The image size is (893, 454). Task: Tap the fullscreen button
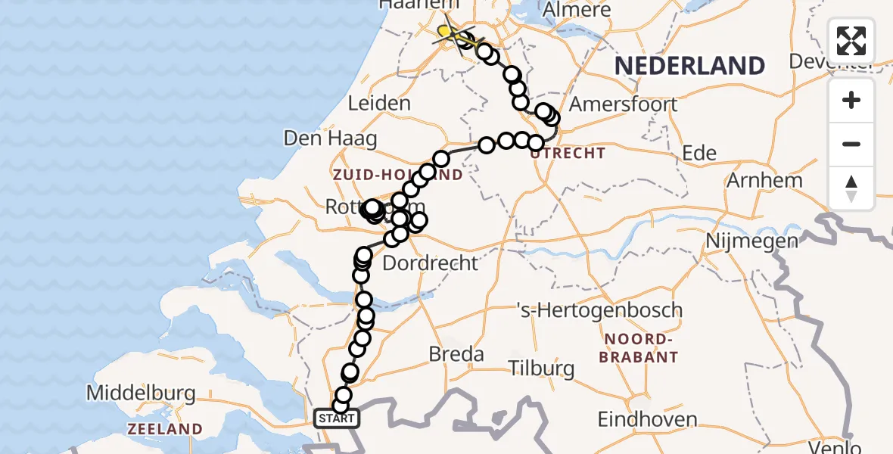pos(851,40)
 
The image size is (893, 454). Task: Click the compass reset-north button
pos(851,188)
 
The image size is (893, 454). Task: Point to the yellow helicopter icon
pos(452,33)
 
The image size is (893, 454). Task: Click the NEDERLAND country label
pos(689,66)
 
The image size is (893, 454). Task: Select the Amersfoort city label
pos(623,104)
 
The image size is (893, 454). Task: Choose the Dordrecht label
pos(431,263)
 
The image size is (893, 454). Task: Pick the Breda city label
pos(456,354)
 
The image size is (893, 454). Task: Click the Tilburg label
pos(541,369)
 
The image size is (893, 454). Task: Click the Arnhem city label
pos(764,181)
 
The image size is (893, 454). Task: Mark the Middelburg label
pos(141,393)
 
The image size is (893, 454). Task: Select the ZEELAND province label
pos(166,429)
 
